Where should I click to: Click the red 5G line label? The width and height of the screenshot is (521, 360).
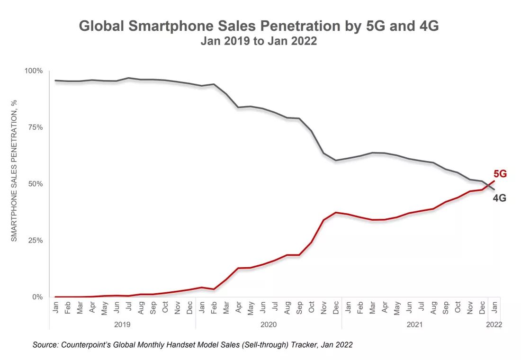(x=500, y=174)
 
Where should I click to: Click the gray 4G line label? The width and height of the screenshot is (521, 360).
(x=500, y=198)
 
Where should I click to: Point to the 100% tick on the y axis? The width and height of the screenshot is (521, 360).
(x=34, y=71)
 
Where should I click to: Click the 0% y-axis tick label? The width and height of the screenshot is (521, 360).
(x=37, y=297)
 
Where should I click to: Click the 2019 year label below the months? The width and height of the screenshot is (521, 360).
(x=122, y=325)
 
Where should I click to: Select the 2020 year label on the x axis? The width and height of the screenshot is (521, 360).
(x=268, y=325)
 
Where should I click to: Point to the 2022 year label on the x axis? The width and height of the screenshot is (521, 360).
(x=493, y=325)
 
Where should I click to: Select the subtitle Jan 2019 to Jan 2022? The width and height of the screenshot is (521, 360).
(x=259, y=41)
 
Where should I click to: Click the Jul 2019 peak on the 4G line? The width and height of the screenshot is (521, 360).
(x=128, y=78)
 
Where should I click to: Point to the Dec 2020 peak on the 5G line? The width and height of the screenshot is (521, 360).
(x=335, y=212)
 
